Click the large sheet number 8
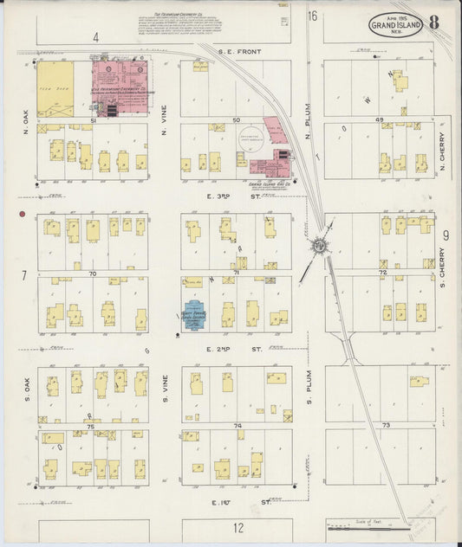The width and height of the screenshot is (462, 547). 433,23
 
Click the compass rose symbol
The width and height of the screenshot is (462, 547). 320,245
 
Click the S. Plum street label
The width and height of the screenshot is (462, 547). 308,383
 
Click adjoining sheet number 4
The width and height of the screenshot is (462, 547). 96,37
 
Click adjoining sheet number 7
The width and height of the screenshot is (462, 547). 24,275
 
